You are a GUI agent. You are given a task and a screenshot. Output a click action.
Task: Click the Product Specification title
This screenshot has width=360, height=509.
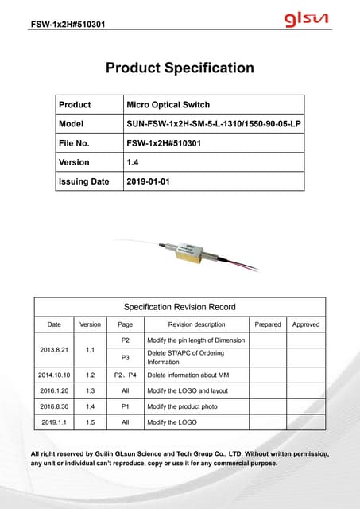180,68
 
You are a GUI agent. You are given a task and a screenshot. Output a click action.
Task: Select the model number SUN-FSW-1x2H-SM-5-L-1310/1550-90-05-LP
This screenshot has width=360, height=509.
212,124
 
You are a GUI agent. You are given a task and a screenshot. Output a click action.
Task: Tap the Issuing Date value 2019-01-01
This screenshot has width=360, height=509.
149,181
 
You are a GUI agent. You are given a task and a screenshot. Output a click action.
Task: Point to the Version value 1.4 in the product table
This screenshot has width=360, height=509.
133,162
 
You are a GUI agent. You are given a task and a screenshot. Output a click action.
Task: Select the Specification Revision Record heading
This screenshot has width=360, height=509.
179,306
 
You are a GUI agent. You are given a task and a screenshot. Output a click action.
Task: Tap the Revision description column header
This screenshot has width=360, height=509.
196,324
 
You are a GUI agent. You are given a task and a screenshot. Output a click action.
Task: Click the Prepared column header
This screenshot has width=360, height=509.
267,324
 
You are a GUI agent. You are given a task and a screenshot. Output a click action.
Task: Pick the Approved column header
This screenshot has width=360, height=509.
306,324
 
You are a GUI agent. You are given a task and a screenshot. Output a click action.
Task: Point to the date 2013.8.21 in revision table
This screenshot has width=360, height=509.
54,349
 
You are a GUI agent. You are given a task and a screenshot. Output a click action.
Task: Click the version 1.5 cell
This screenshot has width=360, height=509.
90,422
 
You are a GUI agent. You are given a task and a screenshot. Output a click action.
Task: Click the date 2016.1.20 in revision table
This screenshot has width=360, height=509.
54,390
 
